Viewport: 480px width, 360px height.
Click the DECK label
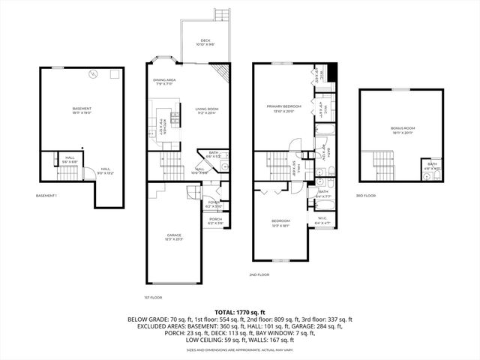click(x=205, y=42)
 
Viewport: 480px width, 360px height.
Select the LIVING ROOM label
click(x=207, y=112)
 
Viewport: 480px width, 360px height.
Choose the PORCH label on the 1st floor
click(x=216, y=220)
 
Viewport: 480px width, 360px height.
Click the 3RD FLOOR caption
click(x=366, y=196)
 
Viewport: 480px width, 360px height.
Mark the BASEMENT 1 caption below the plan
click(x=46, y=196)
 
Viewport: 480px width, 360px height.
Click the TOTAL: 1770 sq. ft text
click(x=240, y=311)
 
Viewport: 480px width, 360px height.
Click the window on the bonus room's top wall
click(x=400, y=89)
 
